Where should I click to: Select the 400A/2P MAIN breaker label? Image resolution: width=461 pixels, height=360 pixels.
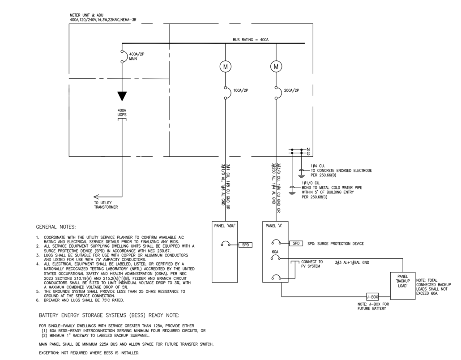coord(137,56)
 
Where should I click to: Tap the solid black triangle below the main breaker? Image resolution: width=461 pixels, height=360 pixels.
coord(122,96)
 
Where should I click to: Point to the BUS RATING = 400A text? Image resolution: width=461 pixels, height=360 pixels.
coord(251,40)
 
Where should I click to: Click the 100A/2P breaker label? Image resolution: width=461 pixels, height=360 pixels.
coord(240,90)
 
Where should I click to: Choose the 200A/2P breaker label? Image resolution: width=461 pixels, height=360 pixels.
coord(291,90)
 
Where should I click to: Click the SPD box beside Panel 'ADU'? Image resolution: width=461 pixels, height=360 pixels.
coord(246,245)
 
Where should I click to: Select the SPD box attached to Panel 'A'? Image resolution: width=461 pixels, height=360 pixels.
coord(296,243)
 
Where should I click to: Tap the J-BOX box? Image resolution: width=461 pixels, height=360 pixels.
coord(372,297)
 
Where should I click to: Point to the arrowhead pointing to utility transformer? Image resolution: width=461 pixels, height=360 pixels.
coord(96,197)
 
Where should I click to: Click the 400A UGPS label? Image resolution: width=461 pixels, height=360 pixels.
coord(122,113)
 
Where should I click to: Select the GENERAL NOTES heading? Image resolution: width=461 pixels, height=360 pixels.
coord(56,227)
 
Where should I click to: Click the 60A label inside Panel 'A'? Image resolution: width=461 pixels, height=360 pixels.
coord(275,252)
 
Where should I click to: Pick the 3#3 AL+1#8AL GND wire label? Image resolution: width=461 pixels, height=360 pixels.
coord(352,262)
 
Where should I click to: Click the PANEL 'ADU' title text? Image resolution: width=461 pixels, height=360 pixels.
coord(225,226)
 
